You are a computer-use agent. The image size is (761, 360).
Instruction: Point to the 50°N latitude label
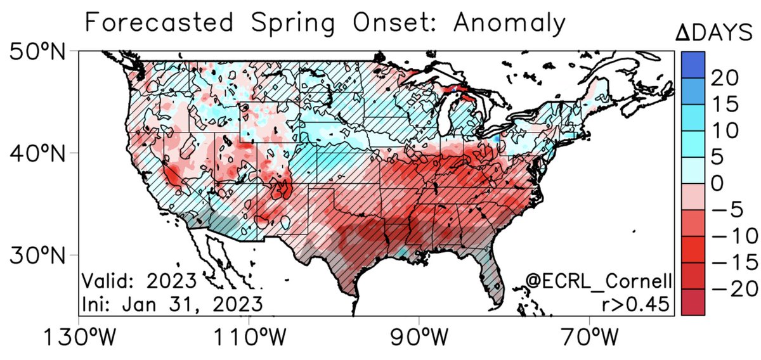point(38,51)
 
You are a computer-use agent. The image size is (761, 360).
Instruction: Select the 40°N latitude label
point(38,153)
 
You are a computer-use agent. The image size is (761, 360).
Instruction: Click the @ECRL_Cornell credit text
point(599,280)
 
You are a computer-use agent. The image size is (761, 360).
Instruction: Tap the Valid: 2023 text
point(139,280)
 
